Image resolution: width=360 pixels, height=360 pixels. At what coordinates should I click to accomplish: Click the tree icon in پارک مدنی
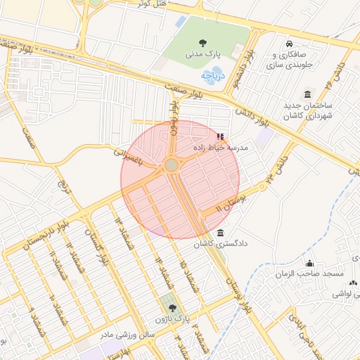[x=203, y=42]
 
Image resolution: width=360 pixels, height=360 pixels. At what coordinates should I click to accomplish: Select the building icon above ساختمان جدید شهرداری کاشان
[x=307, y=94]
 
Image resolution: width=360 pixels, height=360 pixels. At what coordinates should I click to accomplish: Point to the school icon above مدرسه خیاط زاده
[x=220, y=136]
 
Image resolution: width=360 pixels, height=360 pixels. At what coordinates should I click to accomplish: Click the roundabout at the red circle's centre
[x=172, y=165]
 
